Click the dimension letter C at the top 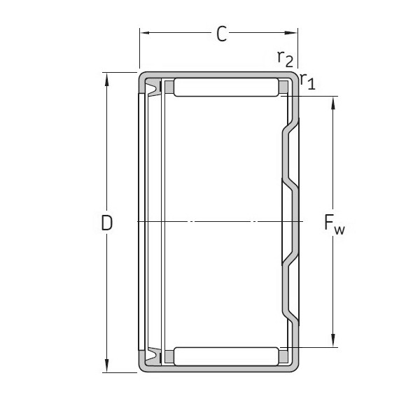point(221,34)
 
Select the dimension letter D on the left point(107,223)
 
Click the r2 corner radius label point(284,58)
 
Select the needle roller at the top point(225,87)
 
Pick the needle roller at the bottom point(225,356)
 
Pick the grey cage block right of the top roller point(283,87)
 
